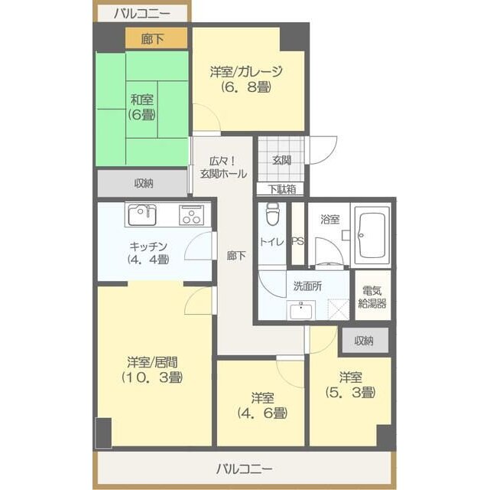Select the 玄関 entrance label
click(281, 160)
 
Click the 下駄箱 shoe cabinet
click(281, 189)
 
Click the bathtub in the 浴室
click(373, 234)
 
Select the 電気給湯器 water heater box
click(372, 297)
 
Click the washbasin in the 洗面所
click(301, 310)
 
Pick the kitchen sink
click(142, 214)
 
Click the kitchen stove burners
click(192, 214)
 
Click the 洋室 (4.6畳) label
click(261, 406)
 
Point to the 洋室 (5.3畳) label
click(350, 385)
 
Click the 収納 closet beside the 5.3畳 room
click(364, 341)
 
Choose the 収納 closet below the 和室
click(143, 184)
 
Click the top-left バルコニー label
click(141, 12)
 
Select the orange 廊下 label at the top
click(153, 38)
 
